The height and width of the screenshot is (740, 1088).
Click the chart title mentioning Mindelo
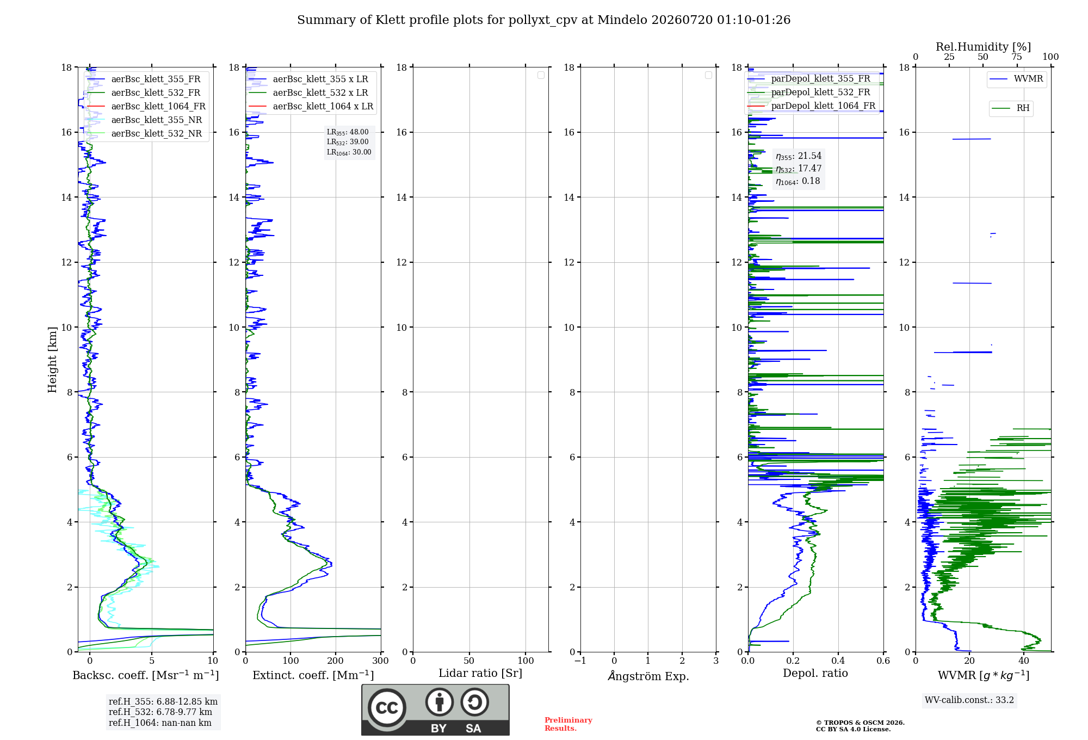coord(543,20)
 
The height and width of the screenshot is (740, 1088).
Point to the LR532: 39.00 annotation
coord(348,142)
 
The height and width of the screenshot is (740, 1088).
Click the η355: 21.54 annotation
coord(799,156)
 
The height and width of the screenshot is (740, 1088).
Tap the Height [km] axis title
coord(52,360)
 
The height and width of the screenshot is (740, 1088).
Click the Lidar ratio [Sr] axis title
coord(480,674)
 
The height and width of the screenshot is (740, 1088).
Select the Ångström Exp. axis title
coord(648,676)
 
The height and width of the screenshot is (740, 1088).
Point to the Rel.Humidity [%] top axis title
coord(983,47)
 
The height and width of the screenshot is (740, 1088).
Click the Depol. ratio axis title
coord(815,673)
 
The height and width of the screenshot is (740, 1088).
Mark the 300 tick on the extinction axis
coord(381,661)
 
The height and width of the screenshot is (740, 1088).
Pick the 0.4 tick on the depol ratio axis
coord(838,661)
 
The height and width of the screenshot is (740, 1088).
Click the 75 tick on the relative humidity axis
coord(1017,57)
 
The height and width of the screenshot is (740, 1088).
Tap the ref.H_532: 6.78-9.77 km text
coord(160,712)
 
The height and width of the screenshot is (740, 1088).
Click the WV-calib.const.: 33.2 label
coord(969,700)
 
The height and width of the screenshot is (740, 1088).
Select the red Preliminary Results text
coord(568,724)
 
